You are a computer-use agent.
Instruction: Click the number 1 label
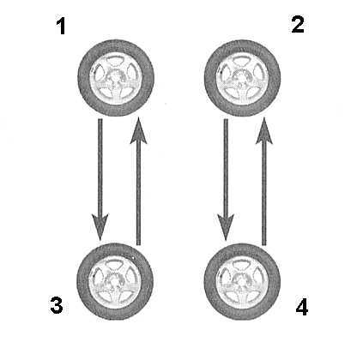(x=61, y=27)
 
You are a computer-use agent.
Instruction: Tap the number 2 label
(x=298, y=25)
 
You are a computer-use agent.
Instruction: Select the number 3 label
(x=57, y=305)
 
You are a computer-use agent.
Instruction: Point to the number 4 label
(x=302, y=307)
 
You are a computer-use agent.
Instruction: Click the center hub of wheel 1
(x=115, y=78)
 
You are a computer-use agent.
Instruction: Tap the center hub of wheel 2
(x=242, y=78)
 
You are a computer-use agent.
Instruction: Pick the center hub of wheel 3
(x=115, y=281)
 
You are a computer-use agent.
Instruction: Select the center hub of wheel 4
(x=242, y=281)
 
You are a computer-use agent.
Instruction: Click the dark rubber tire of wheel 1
(x=83, y=78)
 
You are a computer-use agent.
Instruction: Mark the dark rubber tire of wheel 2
(x=209, y=78)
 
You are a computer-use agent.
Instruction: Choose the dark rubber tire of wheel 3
(x=82, y=281)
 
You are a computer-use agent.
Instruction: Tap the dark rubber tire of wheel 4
(x=209, y=281)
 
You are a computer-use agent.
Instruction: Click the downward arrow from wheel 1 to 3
(x=100, y=179)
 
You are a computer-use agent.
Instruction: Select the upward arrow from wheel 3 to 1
(x=138, y=181)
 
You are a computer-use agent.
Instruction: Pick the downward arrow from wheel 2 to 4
(x=226, y=180)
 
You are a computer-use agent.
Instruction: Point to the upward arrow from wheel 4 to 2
(x=264, y=181)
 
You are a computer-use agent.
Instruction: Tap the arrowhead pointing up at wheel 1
(x=138, y=130)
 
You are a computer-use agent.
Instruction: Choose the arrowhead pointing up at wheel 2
(x=264, y=130)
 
